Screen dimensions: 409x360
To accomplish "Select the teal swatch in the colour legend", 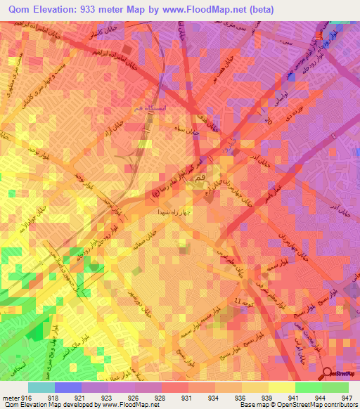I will [x=41, y=387].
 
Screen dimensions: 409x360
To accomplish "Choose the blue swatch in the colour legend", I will [x=68, y=387].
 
